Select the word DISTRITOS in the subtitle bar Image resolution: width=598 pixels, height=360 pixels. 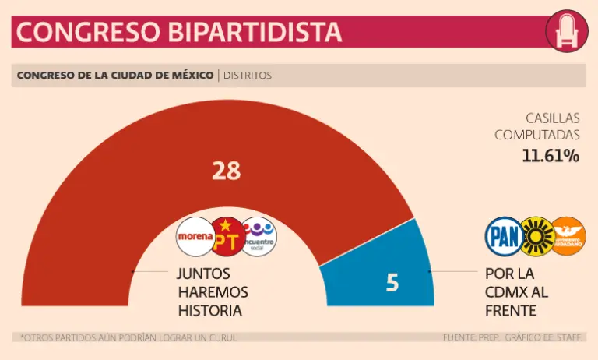(x=248, y=76)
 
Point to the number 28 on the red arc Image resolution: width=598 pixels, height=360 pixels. (x=226, y=171)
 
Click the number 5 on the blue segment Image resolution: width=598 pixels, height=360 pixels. (x=392, y=283)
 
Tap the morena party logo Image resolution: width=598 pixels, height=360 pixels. (x=195, y=236)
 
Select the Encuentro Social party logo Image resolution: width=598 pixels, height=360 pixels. (x=259, y=236)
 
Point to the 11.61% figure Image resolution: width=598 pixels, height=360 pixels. (x=551, y=156)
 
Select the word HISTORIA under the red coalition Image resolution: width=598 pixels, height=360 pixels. (x=209, y=310)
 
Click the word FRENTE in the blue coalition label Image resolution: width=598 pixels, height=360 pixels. (x=510, y=310)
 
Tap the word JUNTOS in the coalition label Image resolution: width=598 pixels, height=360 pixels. (x=203, y=274)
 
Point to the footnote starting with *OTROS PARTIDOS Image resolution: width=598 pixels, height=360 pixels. (x=128, y=337)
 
